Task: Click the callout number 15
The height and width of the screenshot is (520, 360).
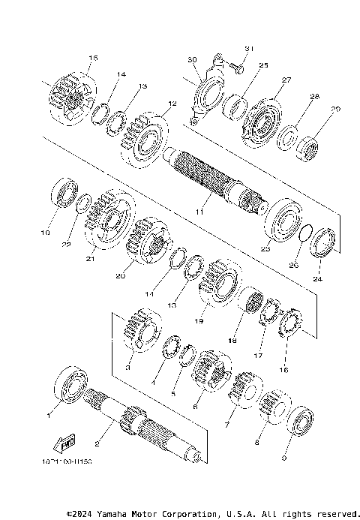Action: tap(93, 58)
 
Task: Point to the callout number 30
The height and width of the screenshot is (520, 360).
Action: tap(192, 59)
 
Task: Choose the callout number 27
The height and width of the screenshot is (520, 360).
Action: tap(286, 80)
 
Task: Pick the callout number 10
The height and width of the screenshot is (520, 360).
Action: tap(46, 233)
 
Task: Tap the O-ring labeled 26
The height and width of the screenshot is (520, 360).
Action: tap(302, 235)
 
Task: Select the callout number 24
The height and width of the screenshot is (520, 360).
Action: tap(317, 279)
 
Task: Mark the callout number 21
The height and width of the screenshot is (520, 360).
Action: tap(90, 260)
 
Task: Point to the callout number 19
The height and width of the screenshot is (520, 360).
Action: tap(199, 320)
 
